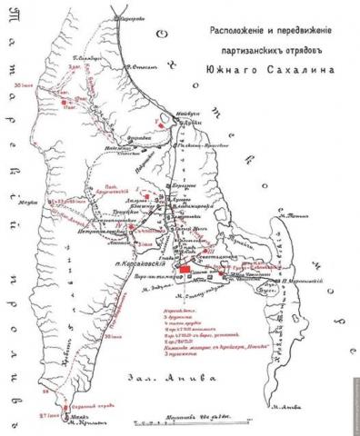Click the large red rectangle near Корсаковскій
point(185,270)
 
